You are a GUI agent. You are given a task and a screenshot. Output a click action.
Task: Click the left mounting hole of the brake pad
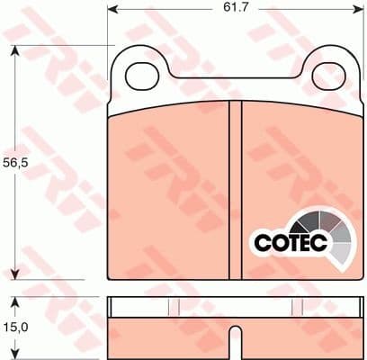(x=140, y=77)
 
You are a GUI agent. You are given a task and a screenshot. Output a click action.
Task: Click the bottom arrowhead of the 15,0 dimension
(x=16, y=354)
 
